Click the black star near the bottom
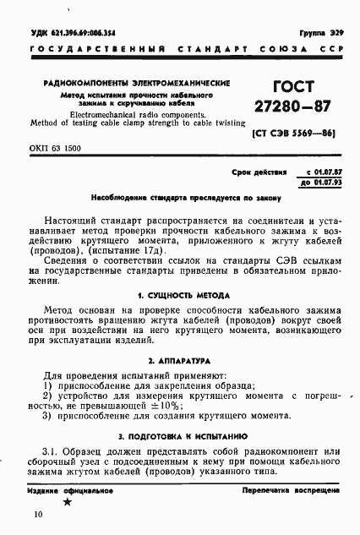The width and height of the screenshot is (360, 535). point(68,503)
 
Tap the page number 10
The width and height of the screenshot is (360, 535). point(36,514)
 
